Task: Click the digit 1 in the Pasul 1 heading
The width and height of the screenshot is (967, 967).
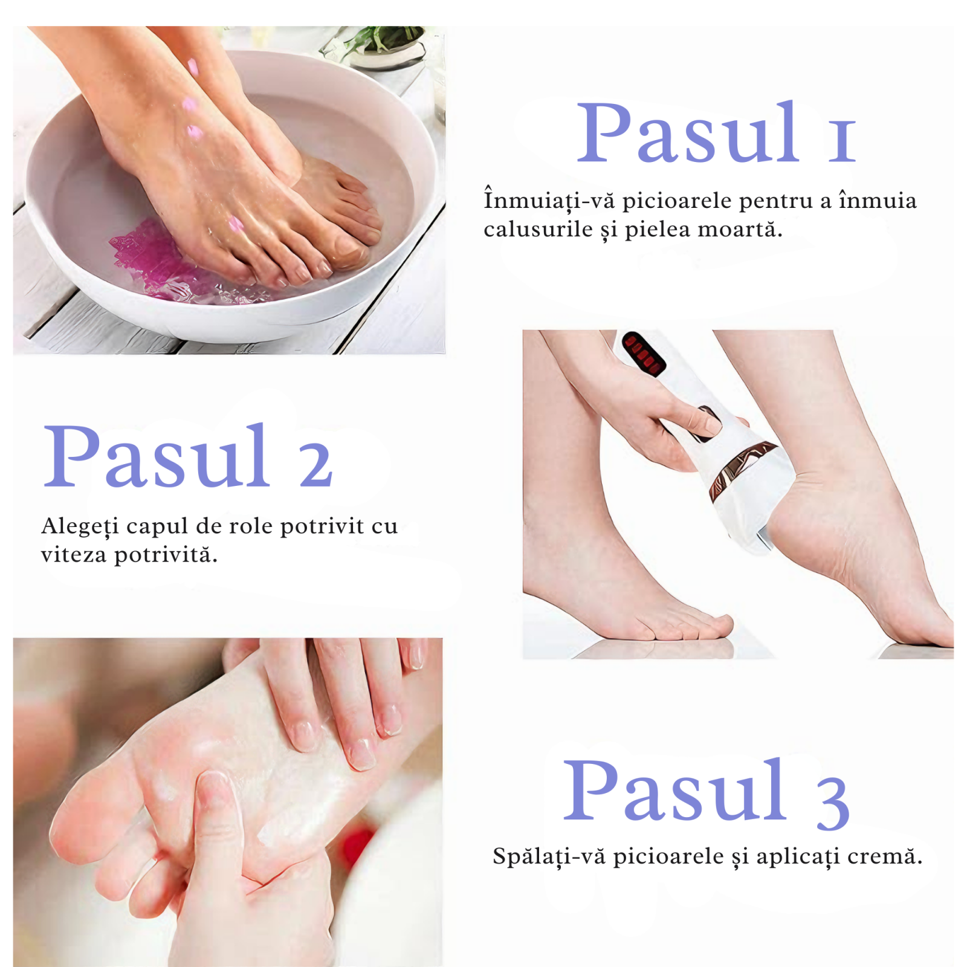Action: click(x=842, y=141)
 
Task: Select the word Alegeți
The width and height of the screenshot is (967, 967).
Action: click(x=80, y=526)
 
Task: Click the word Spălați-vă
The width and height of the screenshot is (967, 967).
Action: click(x=549, y=856)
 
